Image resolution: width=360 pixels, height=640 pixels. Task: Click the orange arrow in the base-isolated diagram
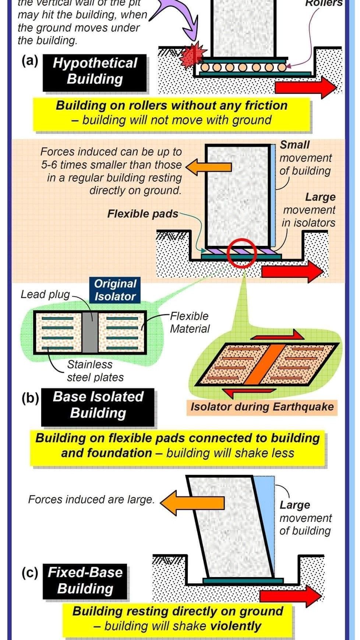point(208,166)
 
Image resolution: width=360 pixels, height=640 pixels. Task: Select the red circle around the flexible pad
point(241,253)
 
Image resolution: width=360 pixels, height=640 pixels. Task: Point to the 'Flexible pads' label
point(142,214)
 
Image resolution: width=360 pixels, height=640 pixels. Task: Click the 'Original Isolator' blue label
point(115,290)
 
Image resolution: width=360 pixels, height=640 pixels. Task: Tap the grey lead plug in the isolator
point(89,332)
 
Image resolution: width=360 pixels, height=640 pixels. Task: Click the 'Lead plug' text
point(45,294)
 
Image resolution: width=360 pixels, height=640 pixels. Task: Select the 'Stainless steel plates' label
point(95,371)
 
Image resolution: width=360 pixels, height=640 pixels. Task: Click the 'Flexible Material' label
point(189,322)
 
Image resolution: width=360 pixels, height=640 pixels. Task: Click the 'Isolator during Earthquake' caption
point(262,407)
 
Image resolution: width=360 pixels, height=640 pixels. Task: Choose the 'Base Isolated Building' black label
point(98,405)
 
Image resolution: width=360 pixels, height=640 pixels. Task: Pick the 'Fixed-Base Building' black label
point(85,580)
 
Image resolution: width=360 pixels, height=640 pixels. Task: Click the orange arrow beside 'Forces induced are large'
point(192,502)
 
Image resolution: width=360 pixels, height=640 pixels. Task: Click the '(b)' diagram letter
point(30,398)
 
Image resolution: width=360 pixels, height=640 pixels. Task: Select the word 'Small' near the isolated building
point(295,145)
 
